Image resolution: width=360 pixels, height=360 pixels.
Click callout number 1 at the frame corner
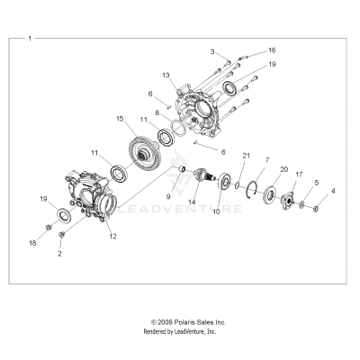click(30, 40)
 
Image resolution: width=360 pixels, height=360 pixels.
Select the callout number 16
click(272, 50)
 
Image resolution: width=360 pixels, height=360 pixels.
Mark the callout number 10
click(214, 238)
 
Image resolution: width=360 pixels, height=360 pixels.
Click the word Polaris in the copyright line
click(186, 321)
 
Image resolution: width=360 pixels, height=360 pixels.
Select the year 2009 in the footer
click(165, 321)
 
